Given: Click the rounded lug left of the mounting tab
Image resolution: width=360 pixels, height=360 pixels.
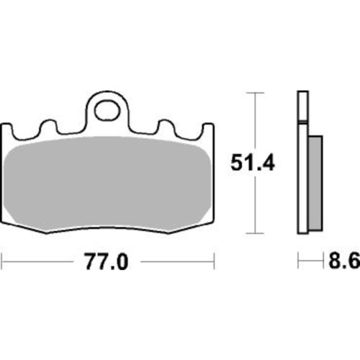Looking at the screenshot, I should (50, 127).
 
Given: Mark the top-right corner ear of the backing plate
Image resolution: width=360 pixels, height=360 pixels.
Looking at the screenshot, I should (210, 130).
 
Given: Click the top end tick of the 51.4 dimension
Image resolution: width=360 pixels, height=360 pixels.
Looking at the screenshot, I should (251, 93).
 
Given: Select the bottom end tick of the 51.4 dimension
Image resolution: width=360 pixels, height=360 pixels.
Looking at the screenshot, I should (251, 234).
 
